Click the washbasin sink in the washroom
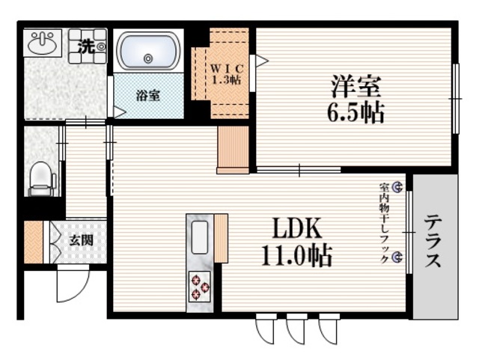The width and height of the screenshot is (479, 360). (x=43, y=43)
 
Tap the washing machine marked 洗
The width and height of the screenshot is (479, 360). (x=88, y=46)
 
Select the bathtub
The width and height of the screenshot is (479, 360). (x=148, y=51)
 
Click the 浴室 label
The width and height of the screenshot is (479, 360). (x=148, y=96)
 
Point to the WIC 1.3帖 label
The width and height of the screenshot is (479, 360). (x=227, y=74)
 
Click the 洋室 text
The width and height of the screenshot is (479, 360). (x=356, y=86)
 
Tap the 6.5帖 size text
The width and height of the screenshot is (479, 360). (x=356, y=112)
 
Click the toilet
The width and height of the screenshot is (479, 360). (x=42, y=179)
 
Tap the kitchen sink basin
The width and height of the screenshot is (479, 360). (x=200, y=237)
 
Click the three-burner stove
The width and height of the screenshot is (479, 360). (x=200, y=287)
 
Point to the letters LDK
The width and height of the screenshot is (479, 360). (x=296, y=228)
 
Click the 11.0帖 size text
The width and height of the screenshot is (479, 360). (x=296, y=255)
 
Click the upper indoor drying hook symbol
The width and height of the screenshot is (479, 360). (x=397, y=187)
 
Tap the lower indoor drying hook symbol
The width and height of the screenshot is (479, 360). (x=397, y=257)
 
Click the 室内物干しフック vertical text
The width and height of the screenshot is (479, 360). (x=384, y=223)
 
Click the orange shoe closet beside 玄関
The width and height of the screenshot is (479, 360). (x=34, y=242)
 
